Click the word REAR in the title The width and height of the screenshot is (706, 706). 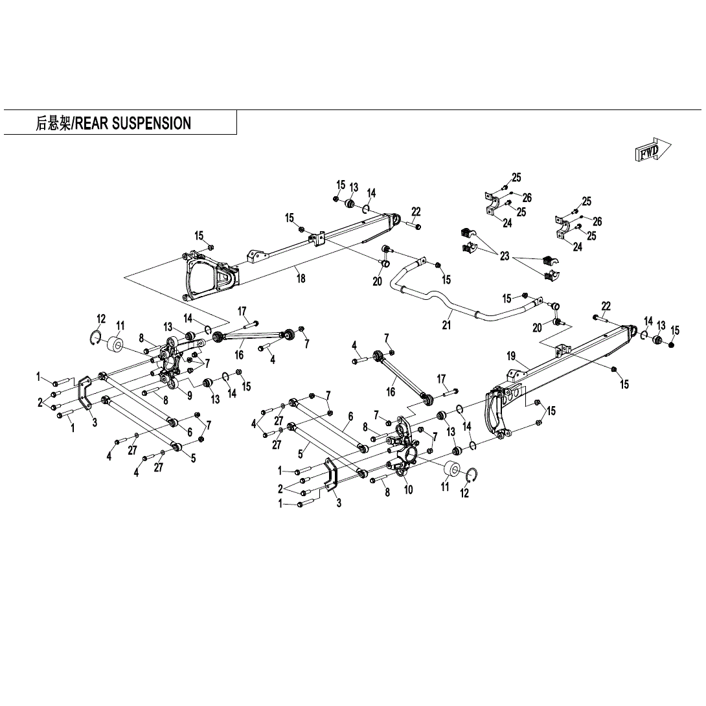(91, 123)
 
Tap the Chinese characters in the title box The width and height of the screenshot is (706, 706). (53, 123)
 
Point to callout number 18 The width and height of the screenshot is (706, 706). (301, 279)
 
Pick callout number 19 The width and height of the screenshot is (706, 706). (511, 356)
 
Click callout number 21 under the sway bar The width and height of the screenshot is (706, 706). (446, 325)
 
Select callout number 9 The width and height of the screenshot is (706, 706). (190, 396)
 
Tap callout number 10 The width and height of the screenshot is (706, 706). (409, 490)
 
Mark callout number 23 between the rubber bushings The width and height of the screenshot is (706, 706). (505, 256)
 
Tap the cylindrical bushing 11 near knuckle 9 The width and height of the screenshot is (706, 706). (117, 345)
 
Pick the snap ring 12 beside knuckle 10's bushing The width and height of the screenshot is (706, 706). (472, 475)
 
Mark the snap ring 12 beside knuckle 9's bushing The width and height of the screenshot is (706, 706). (96, 337)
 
